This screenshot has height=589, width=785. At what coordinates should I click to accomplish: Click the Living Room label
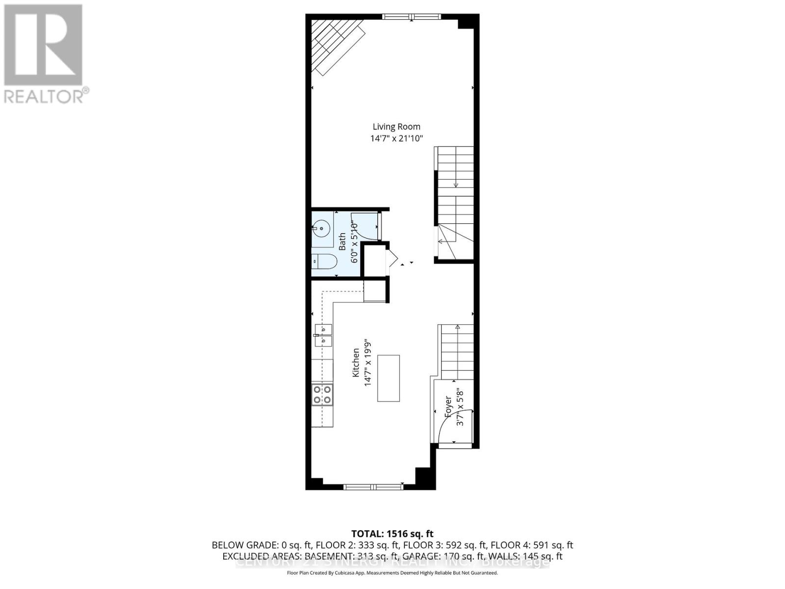[x=396, y=127]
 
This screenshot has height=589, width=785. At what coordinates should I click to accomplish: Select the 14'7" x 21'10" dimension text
[x=396, y=139]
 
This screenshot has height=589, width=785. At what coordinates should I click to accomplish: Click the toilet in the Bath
[x=324, y=261]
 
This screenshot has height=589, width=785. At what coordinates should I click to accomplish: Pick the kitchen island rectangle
[x=388, y=378]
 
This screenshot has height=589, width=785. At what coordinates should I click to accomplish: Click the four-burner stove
[x=322, y=395]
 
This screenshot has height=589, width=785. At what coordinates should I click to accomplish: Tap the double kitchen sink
[x=323, y=334]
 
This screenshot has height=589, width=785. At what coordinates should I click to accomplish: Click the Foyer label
[x=448, y=406]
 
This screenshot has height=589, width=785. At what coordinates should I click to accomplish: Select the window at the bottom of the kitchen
[x=373, y=487]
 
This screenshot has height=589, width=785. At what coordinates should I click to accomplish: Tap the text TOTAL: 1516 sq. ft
[x=392, y=534]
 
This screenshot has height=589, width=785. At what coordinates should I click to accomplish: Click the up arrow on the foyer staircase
[x=457, y=327]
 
